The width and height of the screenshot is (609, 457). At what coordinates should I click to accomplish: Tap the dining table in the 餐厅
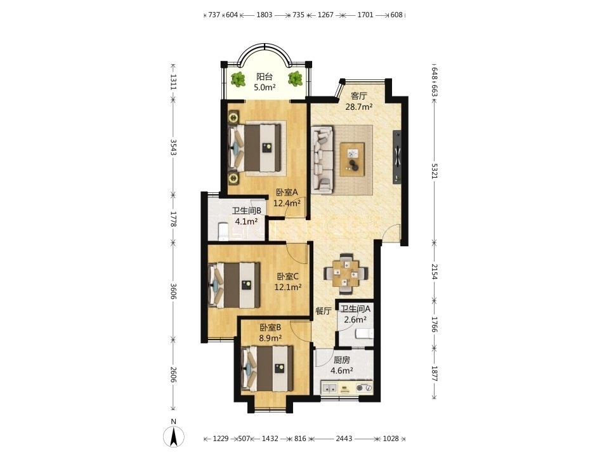pyautogui.click(x=345, y=273)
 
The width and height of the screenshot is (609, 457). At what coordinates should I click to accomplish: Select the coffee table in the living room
pyautogui.click(x=352, y=159)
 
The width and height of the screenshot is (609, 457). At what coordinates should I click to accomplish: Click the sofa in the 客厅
pyautogui.click(x=322, y=159)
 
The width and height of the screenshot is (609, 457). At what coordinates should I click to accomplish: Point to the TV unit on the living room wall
pyautogui.click(x=397, y=157)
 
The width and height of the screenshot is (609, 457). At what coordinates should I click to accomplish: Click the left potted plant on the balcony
pyautogui.click(x=237, y=79)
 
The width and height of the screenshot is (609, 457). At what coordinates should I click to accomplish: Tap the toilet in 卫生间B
pyautogui.click(x=222, y=232)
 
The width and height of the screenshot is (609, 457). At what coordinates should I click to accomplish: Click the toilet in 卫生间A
pyautogui.click(x=364, y=333)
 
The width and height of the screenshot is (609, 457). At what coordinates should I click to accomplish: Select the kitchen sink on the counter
pyautogui.click(x=330, y=387)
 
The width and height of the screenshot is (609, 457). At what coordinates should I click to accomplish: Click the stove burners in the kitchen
pyautogui.click(x=363, y=387)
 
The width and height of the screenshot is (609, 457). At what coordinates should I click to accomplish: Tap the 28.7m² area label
pyautogui.click(x=359, y=107)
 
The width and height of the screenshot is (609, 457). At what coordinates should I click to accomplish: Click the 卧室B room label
pyautogui.click(x=270, y=328)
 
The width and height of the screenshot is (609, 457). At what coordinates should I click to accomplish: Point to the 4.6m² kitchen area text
pyautogui.click(x=342, y=371)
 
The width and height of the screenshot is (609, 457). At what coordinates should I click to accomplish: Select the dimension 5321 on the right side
pyautogui.click(x=434, y=170)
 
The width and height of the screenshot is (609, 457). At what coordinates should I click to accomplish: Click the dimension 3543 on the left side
pyautogui.click(x=173, y=147)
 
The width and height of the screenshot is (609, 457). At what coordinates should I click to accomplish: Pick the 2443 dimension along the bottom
pyautogui.click(x=344, y=439)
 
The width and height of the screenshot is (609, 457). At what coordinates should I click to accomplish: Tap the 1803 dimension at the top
pyautogui.click(x=265, y=15)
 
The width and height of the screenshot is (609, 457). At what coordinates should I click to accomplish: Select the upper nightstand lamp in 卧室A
pyautogui.click(x=233, y=117)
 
